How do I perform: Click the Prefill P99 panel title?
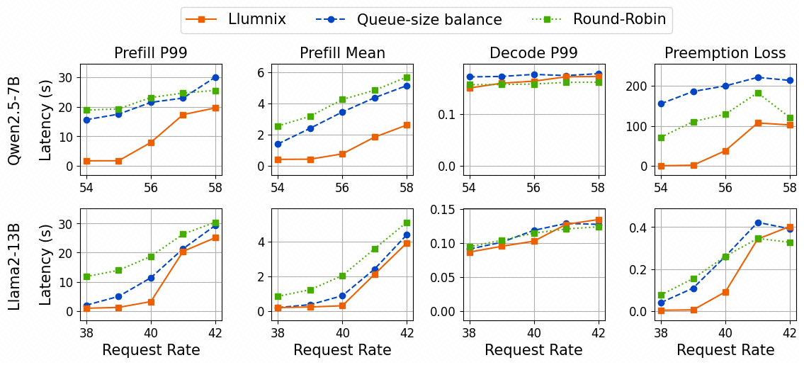(151, 53)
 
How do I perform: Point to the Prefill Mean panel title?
(342, 53)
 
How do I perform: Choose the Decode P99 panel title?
(533, 53)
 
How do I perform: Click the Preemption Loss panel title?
(725, 53)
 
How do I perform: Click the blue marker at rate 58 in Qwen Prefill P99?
(215, 77)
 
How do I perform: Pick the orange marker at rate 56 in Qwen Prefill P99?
(151, 142)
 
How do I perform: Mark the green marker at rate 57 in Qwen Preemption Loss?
(758, 94)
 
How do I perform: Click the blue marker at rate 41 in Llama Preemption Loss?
(758, 223)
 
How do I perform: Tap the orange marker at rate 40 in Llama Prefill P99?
(151, 302)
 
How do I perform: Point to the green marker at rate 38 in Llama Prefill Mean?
(278, 297)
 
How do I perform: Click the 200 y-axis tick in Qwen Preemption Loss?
(636, 86)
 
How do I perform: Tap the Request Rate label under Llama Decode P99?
(533, 350)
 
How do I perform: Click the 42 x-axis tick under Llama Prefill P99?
(215, 332)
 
